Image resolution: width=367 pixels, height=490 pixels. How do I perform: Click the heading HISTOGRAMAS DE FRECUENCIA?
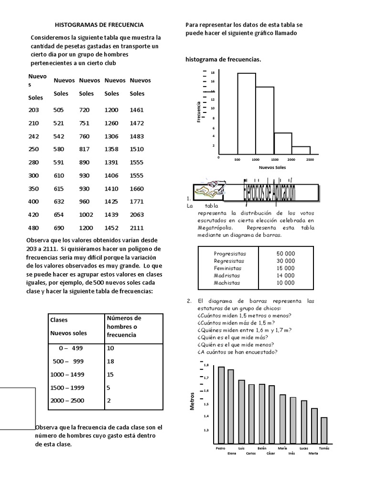point(99,24)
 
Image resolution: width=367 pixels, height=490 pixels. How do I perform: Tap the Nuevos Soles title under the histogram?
point(272,168)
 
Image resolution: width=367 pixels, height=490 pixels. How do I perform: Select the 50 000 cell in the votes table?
point(285,253)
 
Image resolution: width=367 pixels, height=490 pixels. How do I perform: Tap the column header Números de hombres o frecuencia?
point(124,326)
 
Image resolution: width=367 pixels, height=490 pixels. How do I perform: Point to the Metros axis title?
point(193,401)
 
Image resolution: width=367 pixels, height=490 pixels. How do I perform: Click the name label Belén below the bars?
point(261,448)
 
